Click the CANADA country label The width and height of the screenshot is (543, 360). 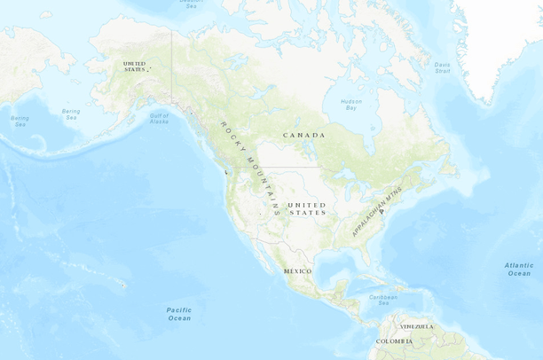(x=303, y=135)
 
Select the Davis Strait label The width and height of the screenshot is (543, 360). (x=442, y=67)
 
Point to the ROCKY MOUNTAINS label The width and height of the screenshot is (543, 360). (x=250, y=168)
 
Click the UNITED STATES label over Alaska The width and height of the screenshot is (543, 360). (x=135, y=67)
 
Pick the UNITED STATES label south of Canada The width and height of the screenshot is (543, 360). (x=307, y=208)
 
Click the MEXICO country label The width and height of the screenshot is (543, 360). (x=297, y=270)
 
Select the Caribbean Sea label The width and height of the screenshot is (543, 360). (x=383, y=300)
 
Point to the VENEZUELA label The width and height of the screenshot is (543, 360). (x=416, y=326)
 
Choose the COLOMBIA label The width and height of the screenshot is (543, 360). (x=394, y=341)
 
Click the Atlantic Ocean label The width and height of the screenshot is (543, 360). (x=519, y=269)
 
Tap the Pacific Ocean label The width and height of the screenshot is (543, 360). (x=179, y=313)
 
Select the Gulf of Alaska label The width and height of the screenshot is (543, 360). (x=159, y=118)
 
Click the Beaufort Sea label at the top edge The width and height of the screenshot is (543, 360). (x=191, y=4)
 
